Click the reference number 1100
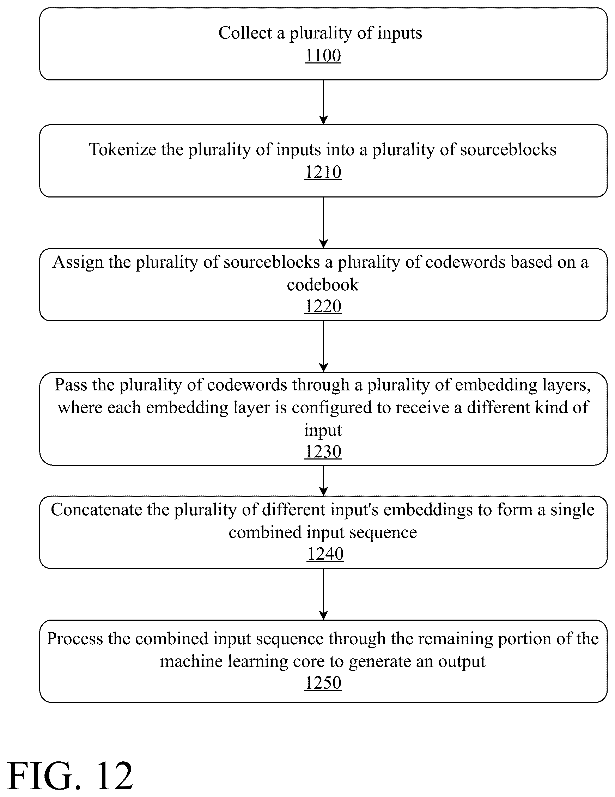pyautogui.click(x=323, y=55)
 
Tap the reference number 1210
pyautogui.click(x=323, y=172)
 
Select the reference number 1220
pyautogui.click(x=323, y=306)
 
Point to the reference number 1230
pyautogui.click(x=323, y=452)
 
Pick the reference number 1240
pyautogui.click(x=325, y=554)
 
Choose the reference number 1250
pyautogui.click(x=323, y=683)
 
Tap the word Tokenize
pyautogui.click(x=122, y=149)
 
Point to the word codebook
pyautogui.click(x=323, y=284)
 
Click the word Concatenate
pyautogui.click(x=96, y=510)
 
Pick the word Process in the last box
pyautogui.click(x=75, y=639)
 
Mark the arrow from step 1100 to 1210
pyautogui.click(x=323, y=102)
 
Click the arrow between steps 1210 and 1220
pyautogui.click(x=323, y=223)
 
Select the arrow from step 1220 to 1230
pyautogui.click(x=323, y=346)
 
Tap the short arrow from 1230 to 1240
pyautogui.click(x=323, y=481)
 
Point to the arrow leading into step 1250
pyautogui.click(x=323, y=594)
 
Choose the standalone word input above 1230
pyautogui.click(x=323, y=431)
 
